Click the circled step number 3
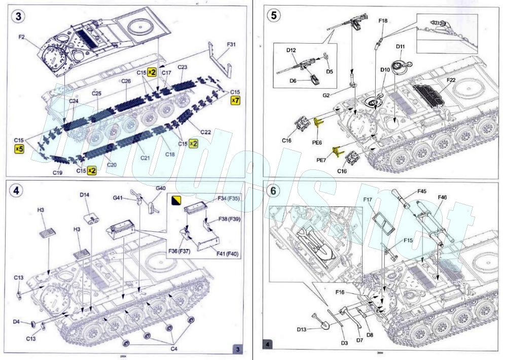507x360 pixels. [x=19, y=16]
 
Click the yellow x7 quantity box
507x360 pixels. [x=235, y=101]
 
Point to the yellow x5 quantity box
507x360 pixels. [x=19, y=149]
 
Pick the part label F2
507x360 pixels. [x=22, y=37]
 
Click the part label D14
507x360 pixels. [x=84, y=194]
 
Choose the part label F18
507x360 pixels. [x=383, y=21]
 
